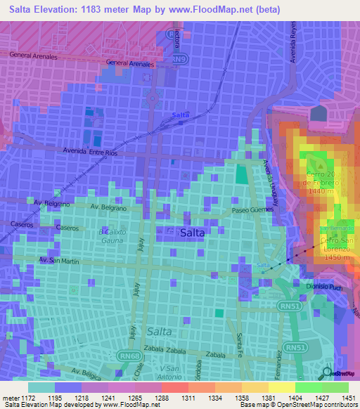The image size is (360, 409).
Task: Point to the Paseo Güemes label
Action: coord(251,210)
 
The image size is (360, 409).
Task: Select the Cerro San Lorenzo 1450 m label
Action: coord(334,249)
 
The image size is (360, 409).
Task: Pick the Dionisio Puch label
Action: coord(324,286)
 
